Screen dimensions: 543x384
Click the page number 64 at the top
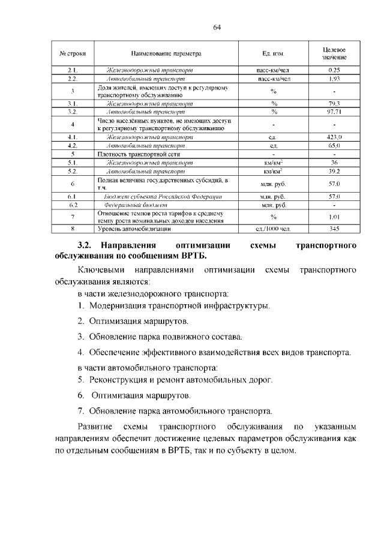(x=217, y=27)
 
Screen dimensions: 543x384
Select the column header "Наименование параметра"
(x=166, y=53)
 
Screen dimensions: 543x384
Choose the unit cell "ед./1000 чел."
(x=273, y=229)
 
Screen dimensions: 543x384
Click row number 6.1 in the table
(x=71, y=196)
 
